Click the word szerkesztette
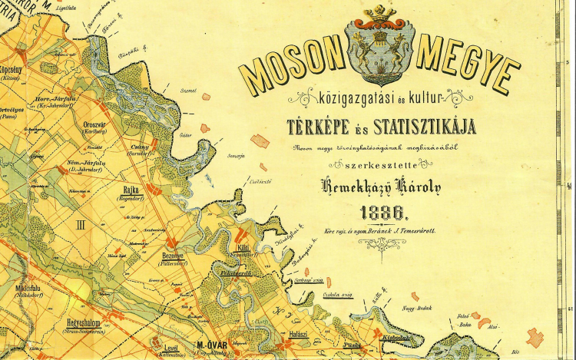point(377,165)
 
